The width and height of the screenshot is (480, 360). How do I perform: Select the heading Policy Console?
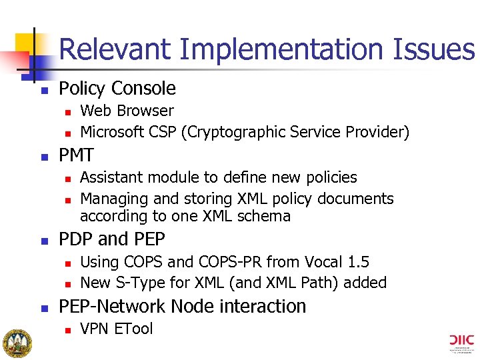(117, 89)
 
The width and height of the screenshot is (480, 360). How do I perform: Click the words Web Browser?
(127, 111)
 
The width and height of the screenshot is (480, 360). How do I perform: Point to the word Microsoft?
(113, 132)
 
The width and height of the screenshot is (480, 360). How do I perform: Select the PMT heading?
(77, 155)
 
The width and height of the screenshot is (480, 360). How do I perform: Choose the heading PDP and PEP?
(112, 239)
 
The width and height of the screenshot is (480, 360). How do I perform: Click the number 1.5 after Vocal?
(357, 262)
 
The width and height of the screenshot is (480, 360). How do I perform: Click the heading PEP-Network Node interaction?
(183, 306)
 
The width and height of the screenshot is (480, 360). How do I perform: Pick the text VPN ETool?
(116, 329)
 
